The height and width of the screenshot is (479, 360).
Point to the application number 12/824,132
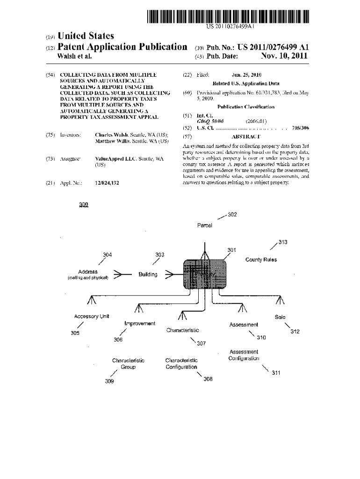click(107, 183)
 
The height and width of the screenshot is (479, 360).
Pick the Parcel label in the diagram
click(204, 225)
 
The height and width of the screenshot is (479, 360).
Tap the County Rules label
click(261, 260)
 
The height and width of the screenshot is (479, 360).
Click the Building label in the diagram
click(148, 275)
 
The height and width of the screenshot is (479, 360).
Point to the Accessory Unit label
click(92, 316)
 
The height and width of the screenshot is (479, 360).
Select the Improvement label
click(140, 324)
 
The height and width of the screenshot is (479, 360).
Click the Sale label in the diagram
click(281, 317)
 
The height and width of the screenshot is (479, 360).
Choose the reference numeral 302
click(232, 215)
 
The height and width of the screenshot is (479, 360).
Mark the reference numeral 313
click(283, 242)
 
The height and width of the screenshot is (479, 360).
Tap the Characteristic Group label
click(128, 364)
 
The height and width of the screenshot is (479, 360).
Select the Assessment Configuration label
click(244, 355)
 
